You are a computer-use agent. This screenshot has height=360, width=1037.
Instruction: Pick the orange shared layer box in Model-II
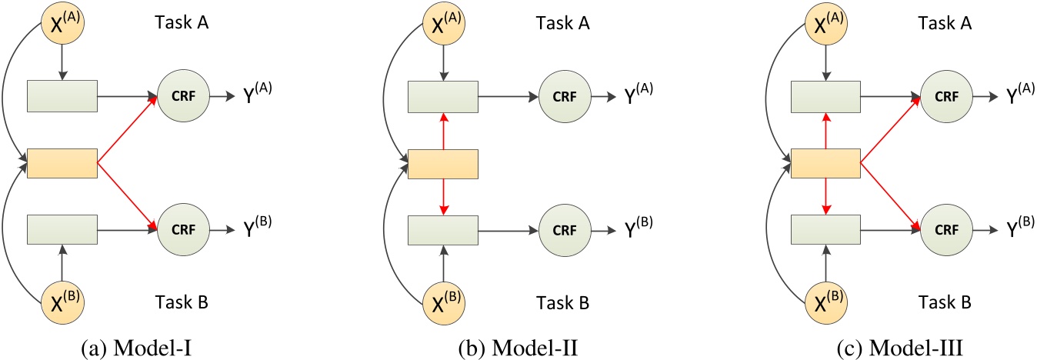coord(442,164)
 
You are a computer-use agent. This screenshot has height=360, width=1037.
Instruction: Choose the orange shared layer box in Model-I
coord(62,164)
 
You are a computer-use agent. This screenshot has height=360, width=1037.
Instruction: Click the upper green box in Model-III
coord(824,98)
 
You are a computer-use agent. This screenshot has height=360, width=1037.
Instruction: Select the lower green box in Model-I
coord(62,228)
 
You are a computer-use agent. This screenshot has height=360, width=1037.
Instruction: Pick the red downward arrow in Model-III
coord(824,196)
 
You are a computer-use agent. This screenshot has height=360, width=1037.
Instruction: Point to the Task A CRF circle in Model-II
coord(564,98)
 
